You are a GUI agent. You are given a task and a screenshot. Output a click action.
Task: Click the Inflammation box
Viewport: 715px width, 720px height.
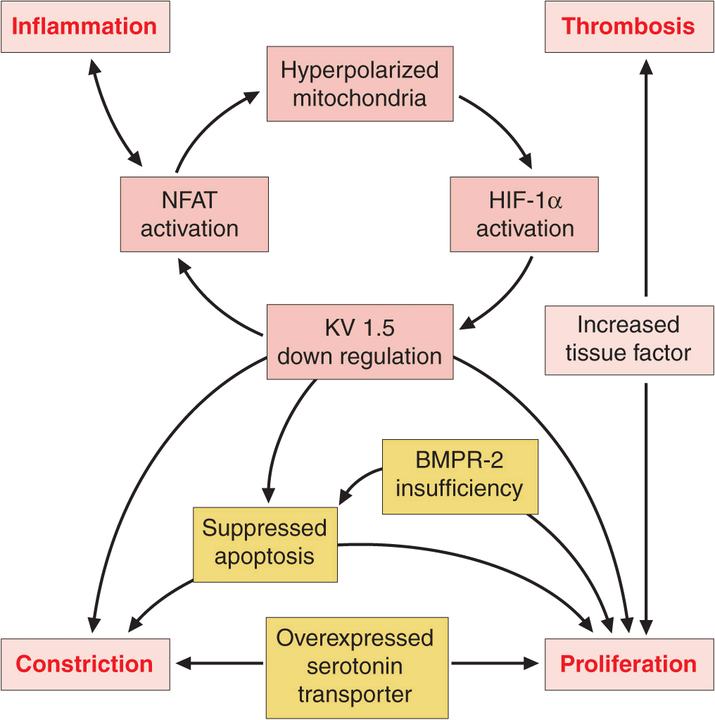click(x=85, y=27)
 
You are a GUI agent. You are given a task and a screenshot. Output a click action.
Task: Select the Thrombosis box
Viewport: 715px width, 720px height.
click(x=628, y=27)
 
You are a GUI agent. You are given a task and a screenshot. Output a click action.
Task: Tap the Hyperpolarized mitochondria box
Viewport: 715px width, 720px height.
click(x=360, y=83)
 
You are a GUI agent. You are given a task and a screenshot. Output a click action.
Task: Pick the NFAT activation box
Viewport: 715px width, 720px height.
click(x=194, y=214)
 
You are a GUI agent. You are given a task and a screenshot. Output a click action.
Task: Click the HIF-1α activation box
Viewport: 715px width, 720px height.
click(x=525, y=214)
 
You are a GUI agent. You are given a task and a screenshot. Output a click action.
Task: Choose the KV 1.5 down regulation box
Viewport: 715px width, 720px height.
click(x=360, y=341)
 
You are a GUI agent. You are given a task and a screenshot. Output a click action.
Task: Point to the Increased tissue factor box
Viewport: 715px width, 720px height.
click(x=628, y=339)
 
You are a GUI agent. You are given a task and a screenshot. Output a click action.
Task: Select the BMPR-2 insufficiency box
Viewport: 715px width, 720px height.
click(x=460, y=476)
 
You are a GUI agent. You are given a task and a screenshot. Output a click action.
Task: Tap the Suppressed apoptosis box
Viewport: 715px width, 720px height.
click(x=265, y=543)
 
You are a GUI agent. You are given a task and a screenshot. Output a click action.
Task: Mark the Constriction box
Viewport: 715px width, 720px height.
click(x=85, y=664)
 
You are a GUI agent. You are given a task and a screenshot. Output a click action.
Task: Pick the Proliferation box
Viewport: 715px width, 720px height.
click(x=628, y=664)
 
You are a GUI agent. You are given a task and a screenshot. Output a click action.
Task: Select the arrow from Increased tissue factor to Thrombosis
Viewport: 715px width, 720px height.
click(x=646, y=176)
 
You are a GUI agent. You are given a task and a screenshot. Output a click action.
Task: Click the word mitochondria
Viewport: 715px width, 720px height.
click(x=360, y=97)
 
